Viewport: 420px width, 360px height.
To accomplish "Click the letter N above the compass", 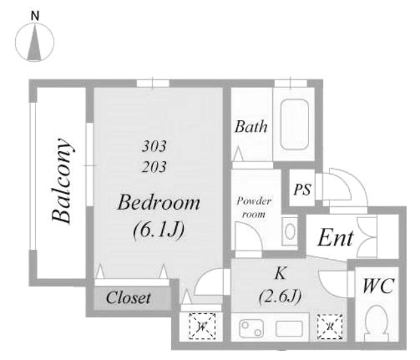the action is [35, 16].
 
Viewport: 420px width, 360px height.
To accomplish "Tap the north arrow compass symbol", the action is [35, 42].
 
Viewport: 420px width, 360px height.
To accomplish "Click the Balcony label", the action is [62, 181].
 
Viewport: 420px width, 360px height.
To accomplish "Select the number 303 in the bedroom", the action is [154, 146].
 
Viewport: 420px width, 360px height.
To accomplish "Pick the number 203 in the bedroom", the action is [154, 167].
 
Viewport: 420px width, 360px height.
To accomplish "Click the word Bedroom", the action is [159, 202].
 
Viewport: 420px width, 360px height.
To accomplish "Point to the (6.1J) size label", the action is [159, 230].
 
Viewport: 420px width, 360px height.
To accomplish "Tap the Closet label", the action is [129, 298].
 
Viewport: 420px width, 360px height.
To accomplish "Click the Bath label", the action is [251, 127].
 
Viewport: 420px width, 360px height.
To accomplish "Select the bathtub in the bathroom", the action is [295, 124].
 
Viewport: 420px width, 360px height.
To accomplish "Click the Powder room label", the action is [254, 208].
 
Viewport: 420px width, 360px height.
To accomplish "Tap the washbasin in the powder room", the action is [290, 231].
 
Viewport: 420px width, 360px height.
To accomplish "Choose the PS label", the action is [302, 189].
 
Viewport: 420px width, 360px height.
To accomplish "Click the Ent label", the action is [335, 238].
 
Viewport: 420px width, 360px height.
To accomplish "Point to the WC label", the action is [378, 286].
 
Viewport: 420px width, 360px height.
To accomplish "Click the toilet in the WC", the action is [377, 323].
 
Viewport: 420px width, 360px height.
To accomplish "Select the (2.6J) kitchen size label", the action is [280, 296].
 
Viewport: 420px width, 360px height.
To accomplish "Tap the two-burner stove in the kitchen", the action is [251, 328].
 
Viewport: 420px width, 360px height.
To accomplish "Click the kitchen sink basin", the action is [289, 328].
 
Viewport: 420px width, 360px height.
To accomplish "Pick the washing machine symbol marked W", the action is [202, 326].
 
